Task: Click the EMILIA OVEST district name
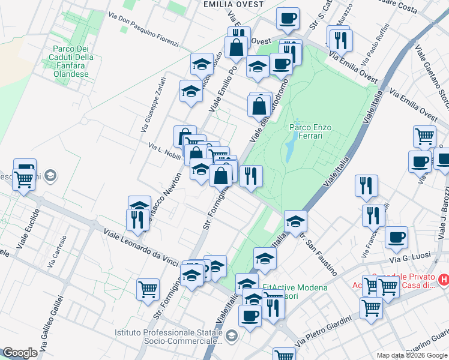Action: (234, 4)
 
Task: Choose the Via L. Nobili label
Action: (164, 148)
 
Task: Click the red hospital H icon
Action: (444, 279)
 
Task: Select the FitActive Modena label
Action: (295, 287)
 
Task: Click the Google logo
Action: (20, 353)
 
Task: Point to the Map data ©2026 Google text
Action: (411, 355)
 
